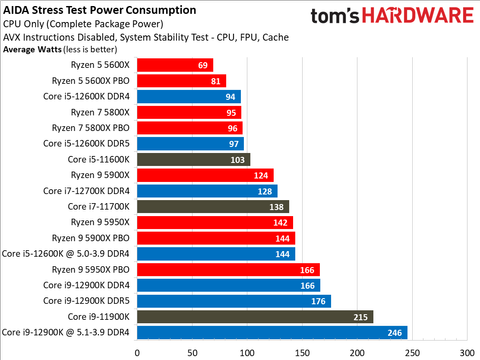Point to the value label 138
pos(279,206)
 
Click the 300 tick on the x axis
pos(463,352)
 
